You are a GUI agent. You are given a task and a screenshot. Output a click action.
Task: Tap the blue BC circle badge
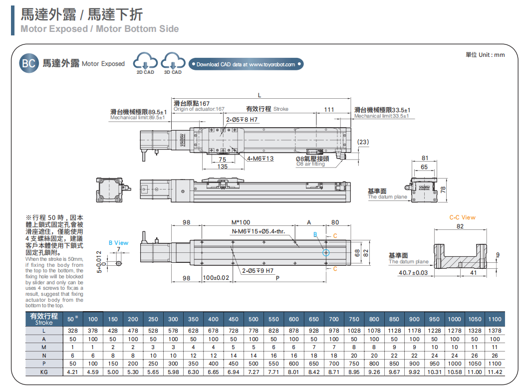tap(29, 63)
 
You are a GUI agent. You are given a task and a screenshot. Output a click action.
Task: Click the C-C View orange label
tap(462, 217)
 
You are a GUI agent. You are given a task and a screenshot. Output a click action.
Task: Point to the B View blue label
tap(118, 243)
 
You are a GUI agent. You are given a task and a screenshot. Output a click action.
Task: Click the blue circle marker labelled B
tap(326, 253)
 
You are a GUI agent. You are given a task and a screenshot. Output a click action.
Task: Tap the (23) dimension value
tap(363, 142)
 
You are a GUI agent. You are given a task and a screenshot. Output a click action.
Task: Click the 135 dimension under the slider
tap(223, 167)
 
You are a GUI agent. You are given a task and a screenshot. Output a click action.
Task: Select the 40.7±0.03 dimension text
tap(413, 273)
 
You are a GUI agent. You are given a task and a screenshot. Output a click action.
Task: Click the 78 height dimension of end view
tap(442, 190)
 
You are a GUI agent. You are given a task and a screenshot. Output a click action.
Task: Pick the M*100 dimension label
tap(241, 222)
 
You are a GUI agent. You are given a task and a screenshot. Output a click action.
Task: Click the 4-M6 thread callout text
tap(261, 159)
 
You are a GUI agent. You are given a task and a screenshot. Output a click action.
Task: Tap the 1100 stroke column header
tap(495, 319)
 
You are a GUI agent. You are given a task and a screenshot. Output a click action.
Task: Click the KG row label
tap(44, 372)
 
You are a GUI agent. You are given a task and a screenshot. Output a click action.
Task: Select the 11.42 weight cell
tap(495, 372)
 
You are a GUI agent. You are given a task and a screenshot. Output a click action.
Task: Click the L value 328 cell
tap(73, 331)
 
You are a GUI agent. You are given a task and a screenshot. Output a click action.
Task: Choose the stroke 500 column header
tap(254, 319)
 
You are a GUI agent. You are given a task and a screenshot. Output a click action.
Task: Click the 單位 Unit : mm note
tap(485, 55)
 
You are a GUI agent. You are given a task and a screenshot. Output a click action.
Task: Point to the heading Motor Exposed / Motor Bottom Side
tap(100, 29)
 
